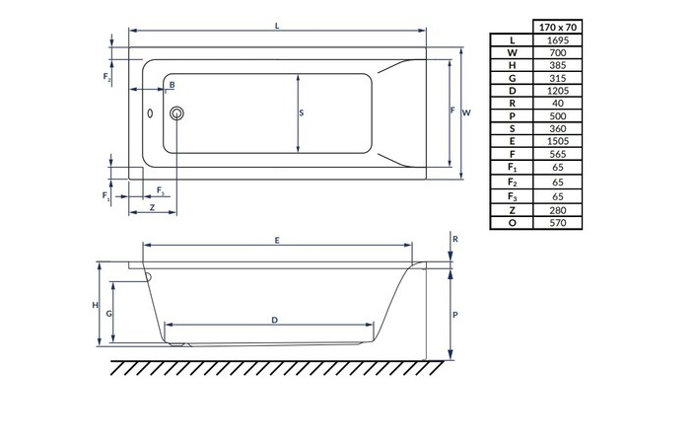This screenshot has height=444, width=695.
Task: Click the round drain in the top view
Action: [177, 114]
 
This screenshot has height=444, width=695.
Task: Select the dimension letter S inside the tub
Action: [301, 112]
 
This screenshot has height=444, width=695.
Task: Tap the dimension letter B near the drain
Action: [172, 87]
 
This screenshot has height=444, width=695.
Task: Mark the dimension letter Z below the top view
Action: [151, 208]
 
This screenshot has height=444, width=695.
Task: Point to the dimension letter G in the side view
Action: [110, 312]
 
